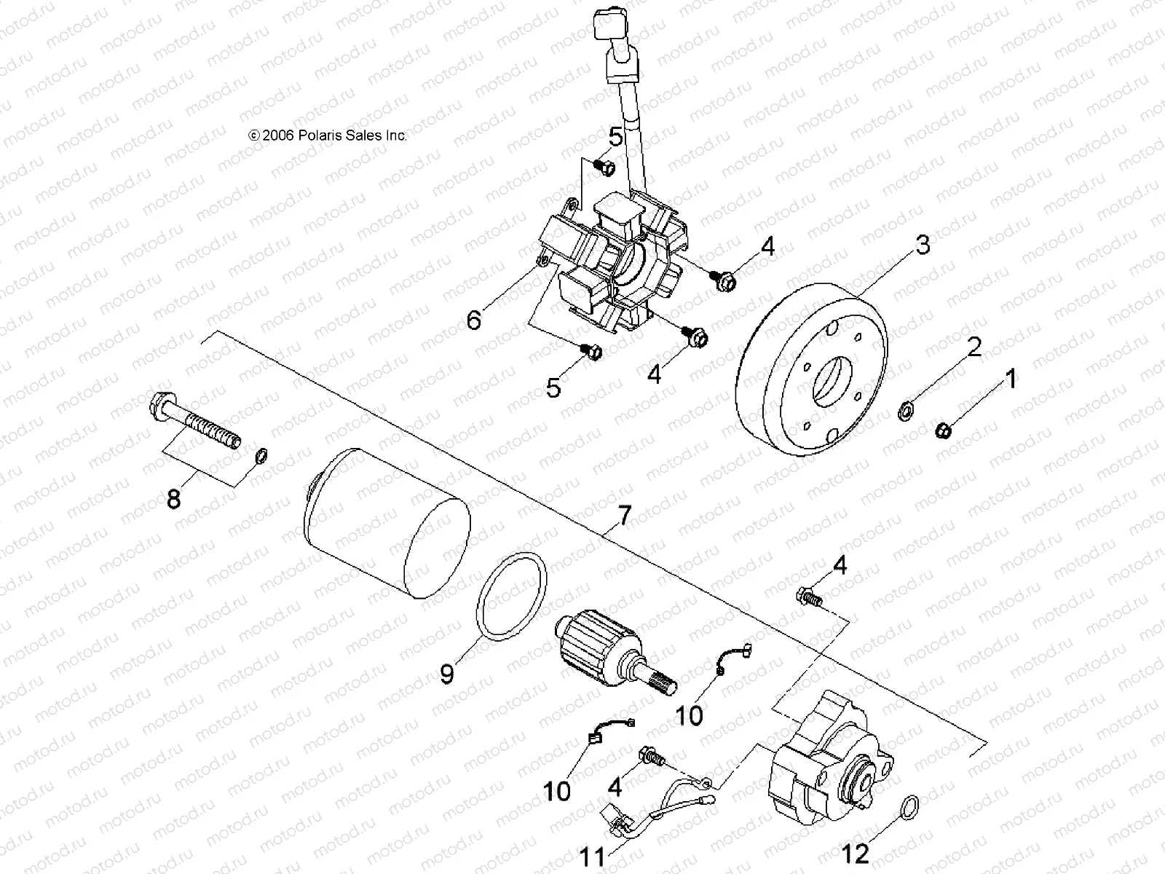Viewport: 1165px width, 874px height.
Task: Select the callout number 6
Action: tap(474, 319)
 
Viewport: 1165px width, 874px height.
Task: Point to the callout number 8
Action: tap(173, 500)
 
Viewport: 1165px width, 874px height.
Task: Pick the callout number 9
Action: tap(447, 673)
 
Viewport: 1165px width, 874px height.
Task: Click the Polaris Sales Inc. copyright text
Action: tap(328, 135)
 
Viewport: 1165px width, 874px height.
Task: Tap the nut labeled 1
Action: tap(941, 431)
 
